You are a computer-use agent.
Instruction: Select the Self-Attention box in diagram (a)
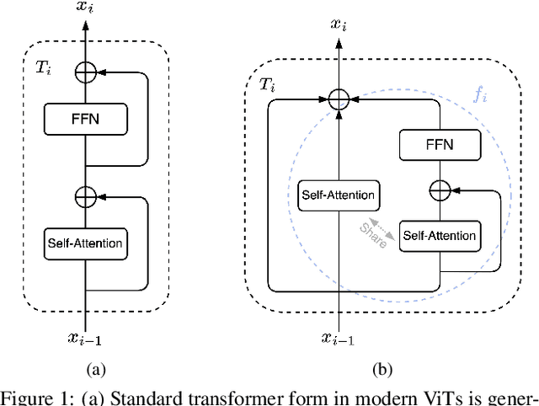coord(84,244)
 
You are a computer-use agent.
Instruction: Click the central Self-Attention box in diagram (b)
coord(338,195)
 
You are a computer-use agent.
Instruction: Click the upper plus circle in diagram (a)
coord(85,72)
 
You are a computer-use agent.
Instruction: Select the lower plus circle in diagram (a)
coord(85,196)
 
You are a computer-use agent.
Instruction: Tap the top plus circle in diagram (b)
coord(338,100)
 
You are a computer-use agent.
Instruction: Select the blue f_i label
coord(479,94)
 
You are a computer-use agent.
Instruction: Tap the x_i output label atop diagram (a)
coord(85,8)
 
